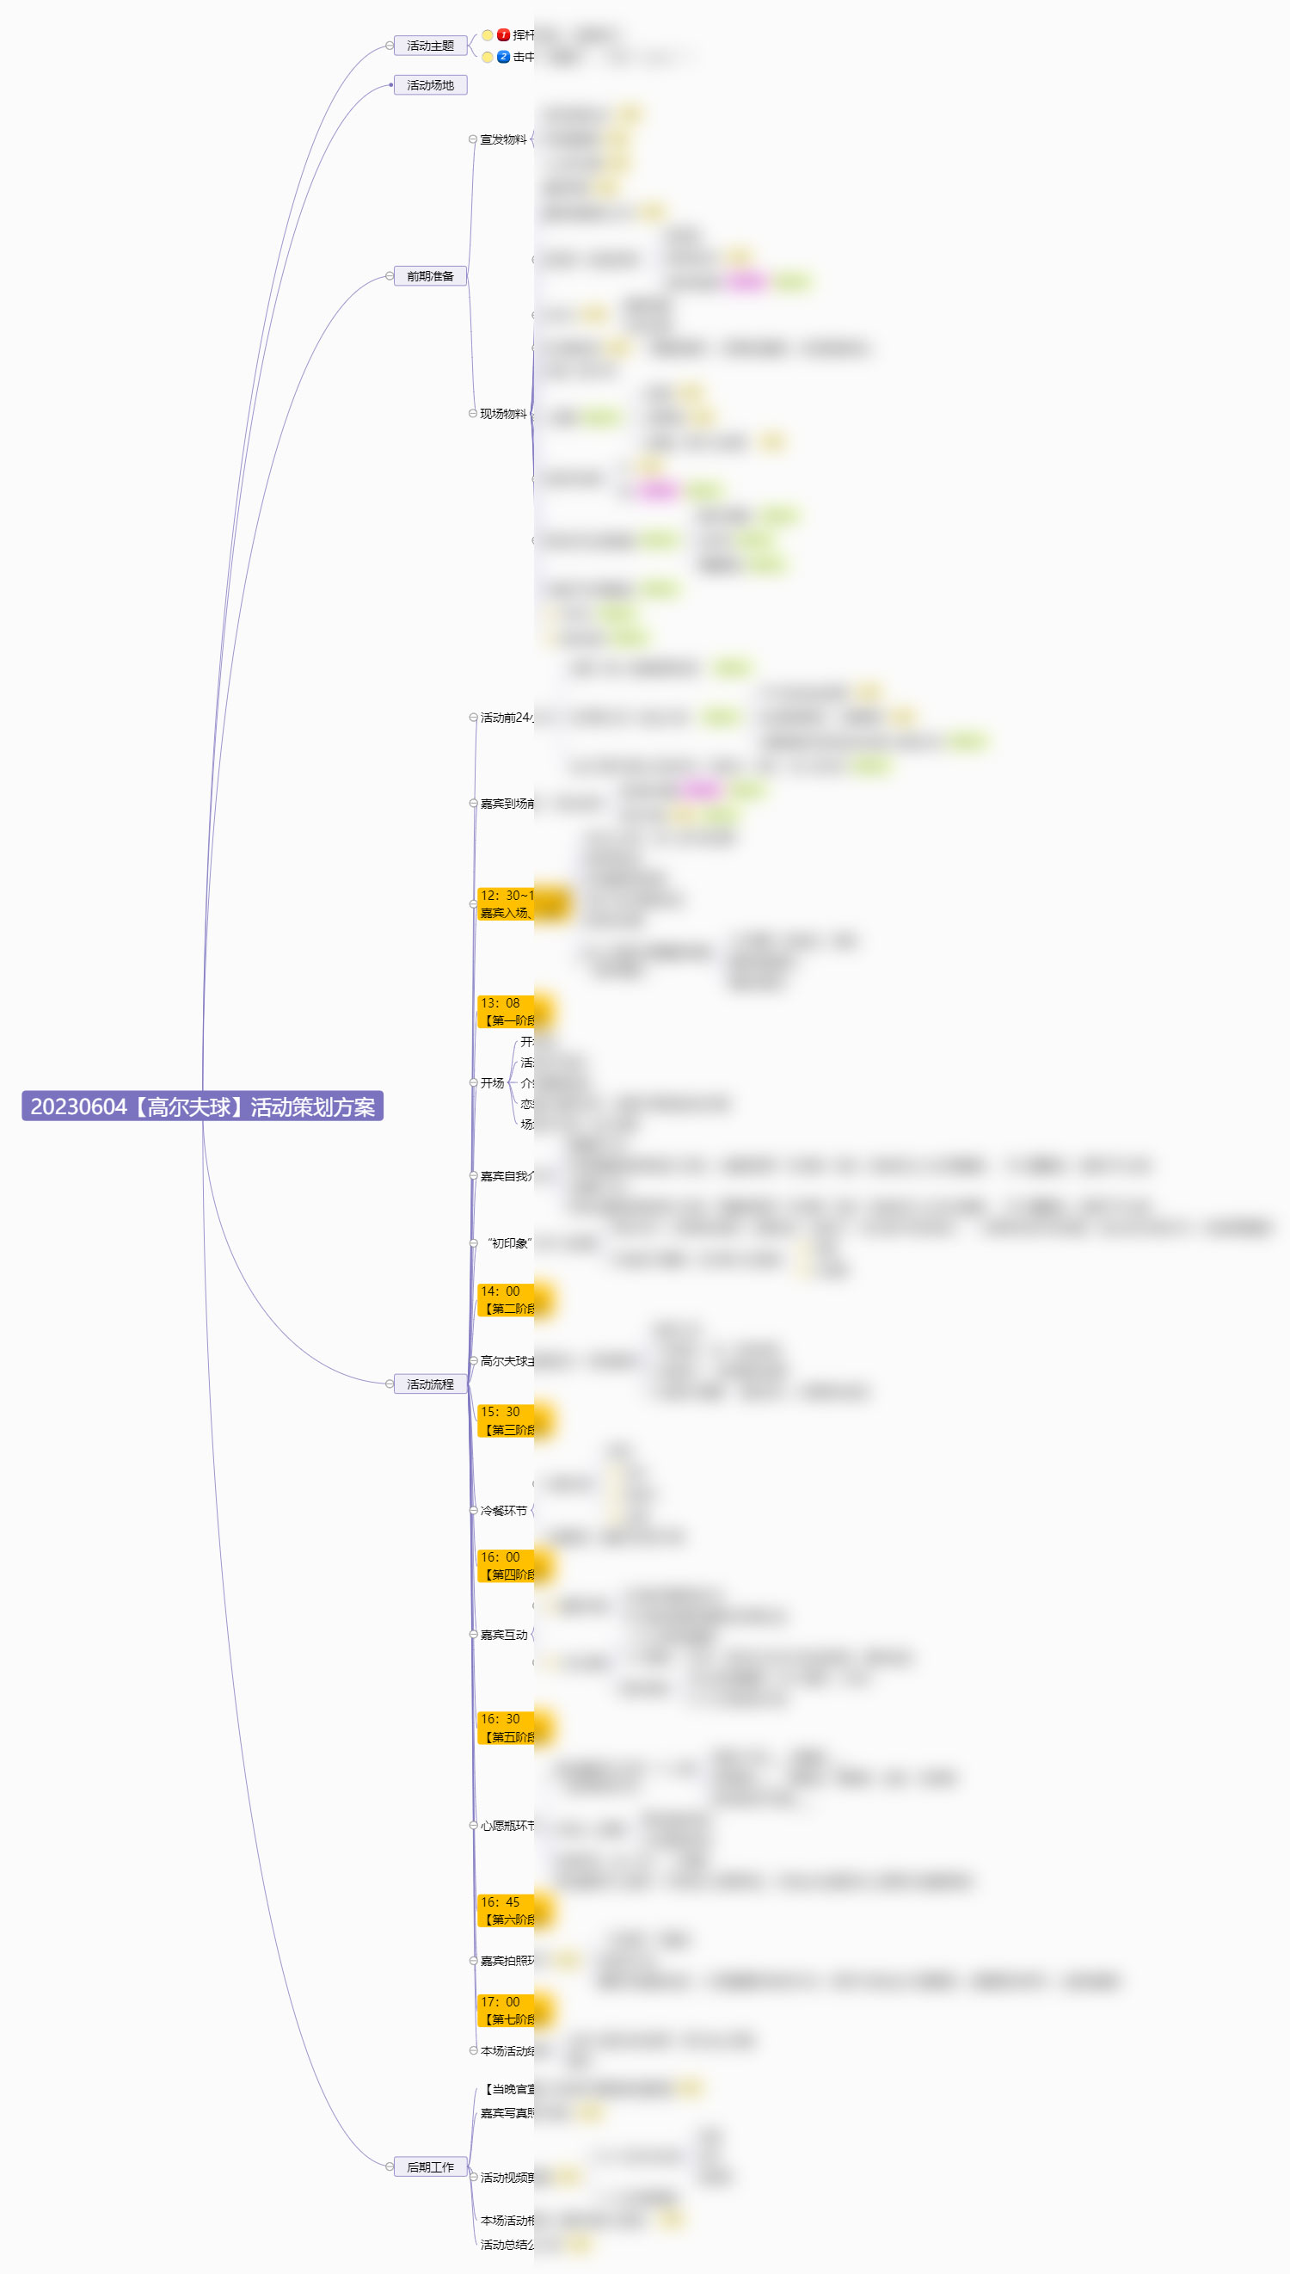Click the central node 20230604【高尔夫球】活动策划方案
pyautogui.click(x=202, y=1106)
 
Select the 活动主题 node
pyautogui.click(x=430, y=46)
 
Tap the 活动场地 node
pyautogui.click(x=430, y=85)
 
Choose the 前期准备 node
pyautogui.click(x=430, y=276)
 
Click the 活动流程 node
pyautogui.click(x=430, y=1384)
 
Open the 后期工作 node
pyautogui.click(x=430, y=2166)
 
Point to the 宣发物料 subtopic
pyautogui.click(x=502, y=139)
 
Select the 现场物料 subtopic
pyautogui.click(x=502, y=414)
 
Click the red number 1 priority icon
pyautogui.click(x=503, y=35)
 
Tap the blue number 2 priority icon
pyautogui.click(x=503, y=57)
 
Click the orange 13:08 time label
pyautogui.click(x=506, y=1011)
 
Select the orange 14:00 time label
pyautogui.click(x=506, y=1299)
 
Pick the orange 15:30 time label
pyautogui.click(x=506, y=1420)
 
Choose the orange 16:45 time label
pyautogui.click(x=506, y=1911)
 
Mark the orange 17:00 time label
pyautogui.click(x=506, y=2010)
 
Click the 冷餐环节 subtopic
pyautogui.click(x=503, y=1510)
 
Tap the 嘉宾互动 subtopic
pyautogui.click(x=503, y=1634)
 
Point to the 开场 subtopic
pyautogui.click(x=493, y=1083)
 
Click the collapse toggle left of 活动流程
pyautogui.click(x=390, y=1384)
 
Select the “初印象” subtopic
pyautogui.click(x=508, y=1243)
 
